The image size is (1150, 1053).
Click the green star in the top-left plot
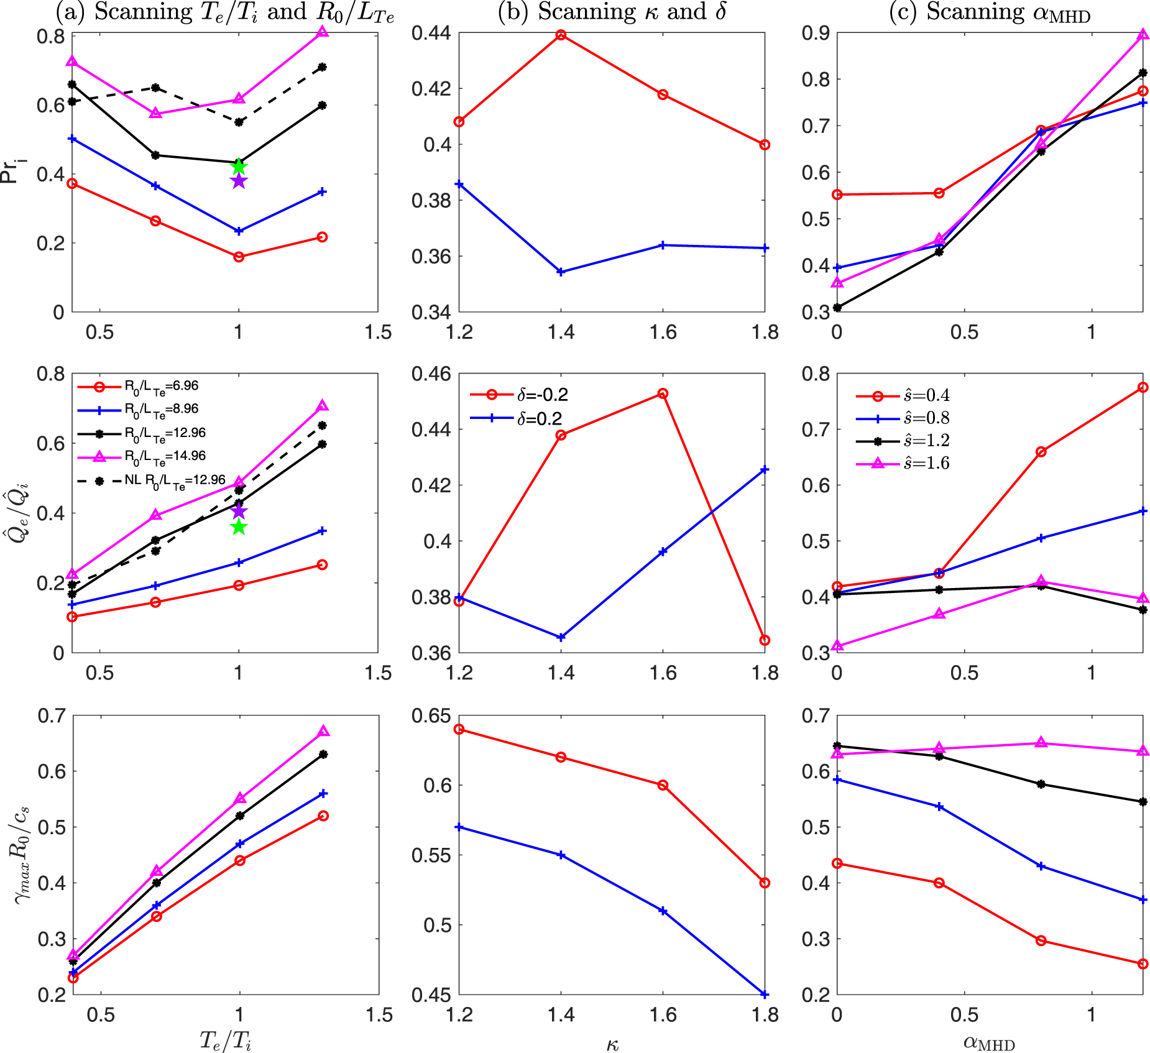239,167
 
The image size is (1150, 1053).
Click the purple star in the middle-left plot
239,512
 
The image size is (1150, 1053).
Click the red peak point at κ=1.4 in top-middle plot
561,35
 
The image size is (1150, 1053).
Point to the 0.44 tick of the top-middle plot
431,33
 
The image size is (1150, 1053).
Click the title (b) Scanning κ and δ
612,12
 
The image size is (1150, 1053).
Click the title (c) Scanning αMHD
990,12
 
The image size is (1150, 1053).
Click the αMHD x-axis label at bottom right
989,1042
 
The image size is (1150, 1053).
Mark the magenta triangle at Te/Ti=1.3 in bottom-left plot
323,732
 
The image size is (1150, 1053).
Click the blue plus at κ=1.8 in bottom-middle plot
765,995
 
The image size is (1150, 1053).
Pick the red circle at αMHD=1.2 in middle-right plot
1143,387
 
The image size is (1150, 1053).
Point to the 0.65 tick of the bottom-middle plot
431,715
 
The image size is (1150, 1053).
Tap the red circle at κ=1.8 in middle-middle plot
765,640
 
